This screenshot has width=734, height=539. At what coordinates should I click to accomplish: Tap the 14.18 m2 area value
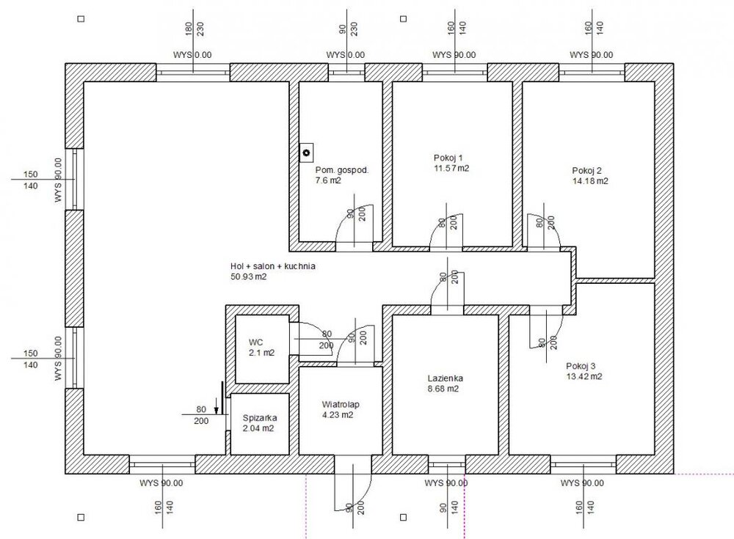[590, 181]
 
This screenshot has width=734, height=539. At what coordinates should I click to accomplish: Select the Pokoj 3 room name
[581, 367]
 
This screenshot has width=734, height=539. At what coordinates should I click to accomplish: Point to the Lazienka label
[446, 378]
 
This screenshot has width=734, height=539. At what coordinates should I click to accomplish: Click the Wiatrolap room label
[341, 405]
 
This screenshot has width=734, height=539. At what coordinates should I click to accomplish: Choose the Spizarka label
[260, 418]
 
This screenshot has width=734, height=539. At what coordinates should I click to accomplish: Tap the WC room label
[255, 342]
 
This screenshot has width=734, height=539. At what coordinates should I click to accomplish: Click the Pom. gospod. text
[342, 170]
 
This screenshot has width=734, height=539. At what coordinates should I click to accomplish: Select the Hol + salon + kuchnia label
[273, 266]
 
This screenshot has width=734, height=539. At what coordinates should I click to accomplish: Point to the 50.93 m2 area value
[249, 276]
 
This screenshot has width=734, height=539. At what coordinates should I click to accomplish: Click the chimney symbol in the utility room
[307, 153]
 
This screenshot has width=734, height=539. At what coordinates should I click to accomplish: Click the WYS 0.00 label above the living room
[192, 55]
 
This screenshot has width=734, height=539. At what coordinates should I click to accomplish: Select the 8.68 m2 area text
[443, 389]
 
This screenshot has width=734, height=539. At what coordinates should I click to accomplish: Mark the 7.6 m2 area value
[328, 180]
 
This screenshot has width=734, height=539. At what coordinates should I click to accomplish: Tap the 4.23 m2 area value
[338, 415]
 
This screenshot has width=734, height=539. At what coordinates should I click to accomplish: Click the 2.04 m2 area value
[258, 428]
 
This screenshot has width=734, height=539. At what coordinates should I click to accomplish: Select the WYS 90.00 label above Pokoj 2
[591, 55]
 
